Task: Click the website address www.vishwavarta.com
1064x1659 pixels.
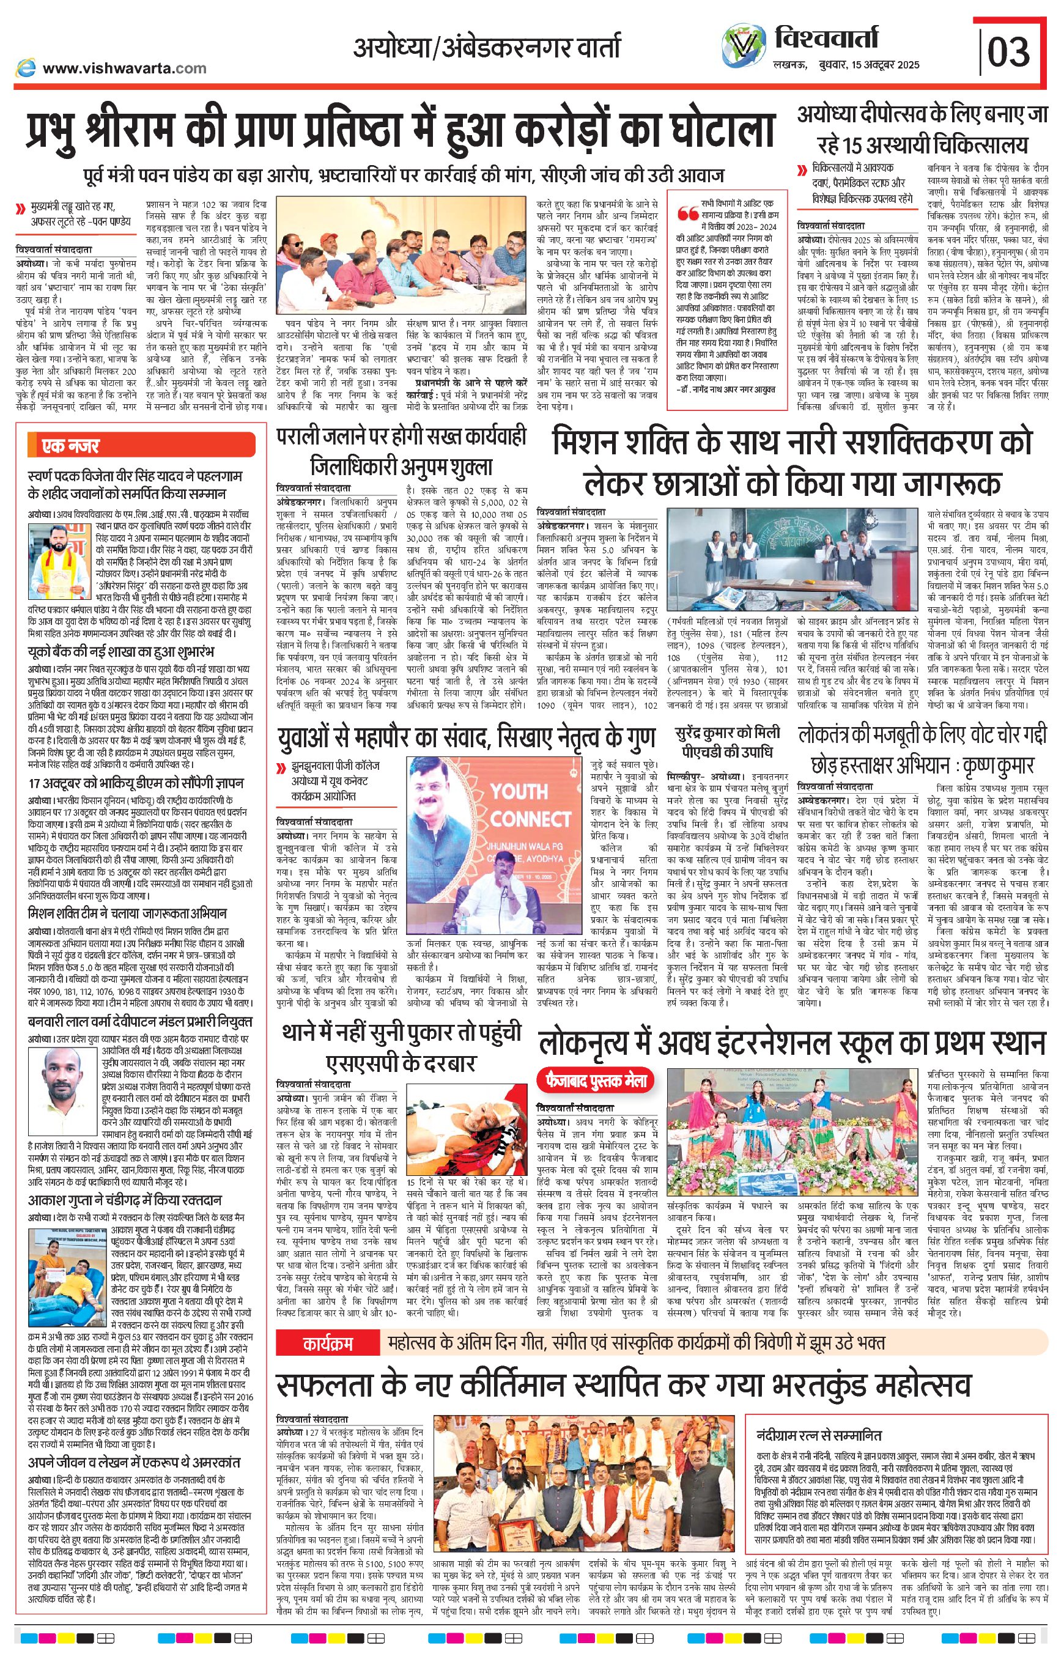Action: click(x=124, y=68)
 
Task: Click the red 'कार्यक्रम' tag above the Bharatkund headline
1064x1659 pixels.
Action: click(x=328, y=1343)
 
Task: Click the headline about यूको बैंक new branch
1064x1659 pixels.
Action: click(x=121, y=652)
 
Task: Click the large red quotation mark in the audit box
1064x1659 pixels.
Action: click(x=687, y=214)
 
